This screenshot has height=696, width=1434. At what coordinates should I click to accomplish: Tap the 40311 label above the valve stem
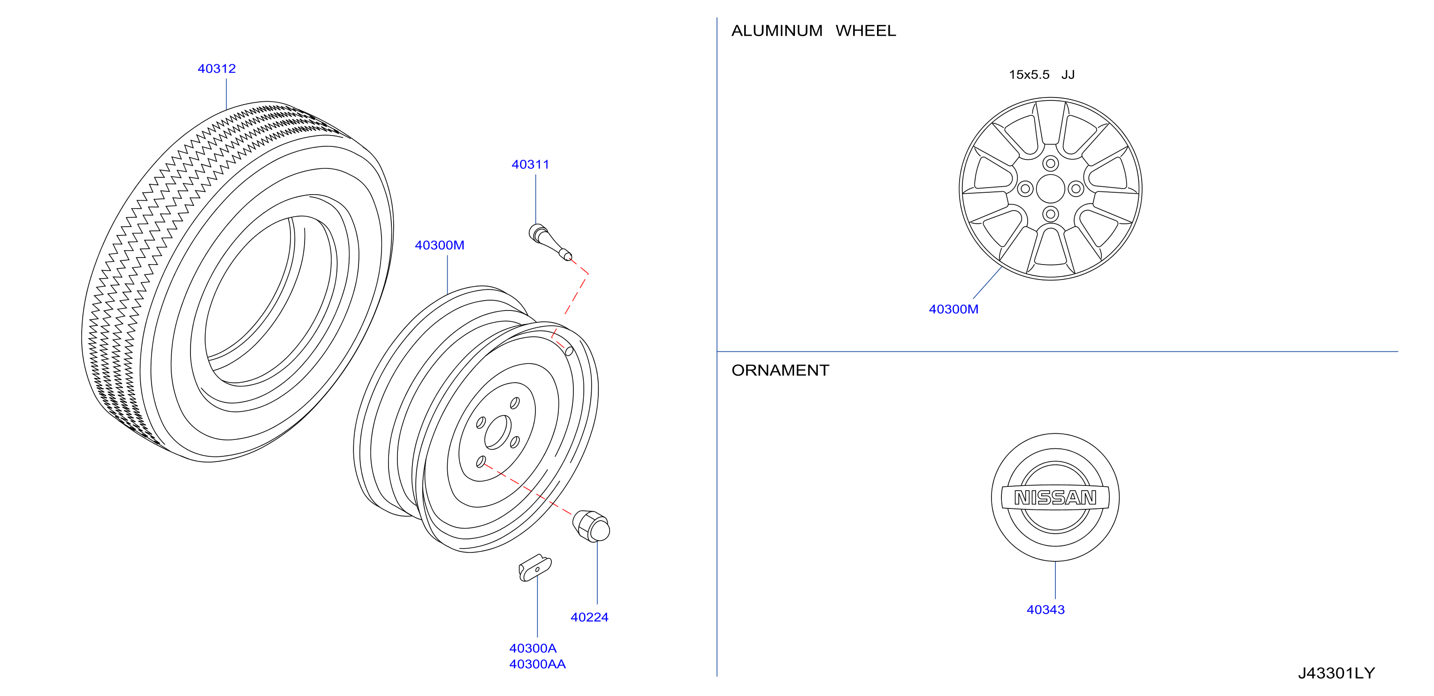click(530, 164)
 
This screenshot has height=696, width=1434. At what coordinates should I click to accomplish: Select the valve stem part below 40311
click(550, 242)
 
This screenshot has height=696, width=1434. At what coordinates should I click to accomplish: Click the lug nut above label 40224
click(591, 526)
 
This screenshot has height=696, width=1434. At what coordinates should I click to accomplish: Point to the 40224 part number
click(589, 617)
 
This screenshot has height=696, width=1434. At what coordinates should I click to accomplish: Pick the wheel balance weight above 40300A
click(535, 567)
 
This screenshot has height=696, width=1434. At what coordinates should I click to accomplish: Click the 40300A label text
click(533, 648)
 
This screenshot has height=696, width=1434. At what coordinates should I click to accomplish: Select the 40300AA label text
click(537, 664)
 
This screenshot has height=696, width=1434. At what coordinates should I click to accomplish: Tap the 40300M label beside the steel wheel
click(439, 245)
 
